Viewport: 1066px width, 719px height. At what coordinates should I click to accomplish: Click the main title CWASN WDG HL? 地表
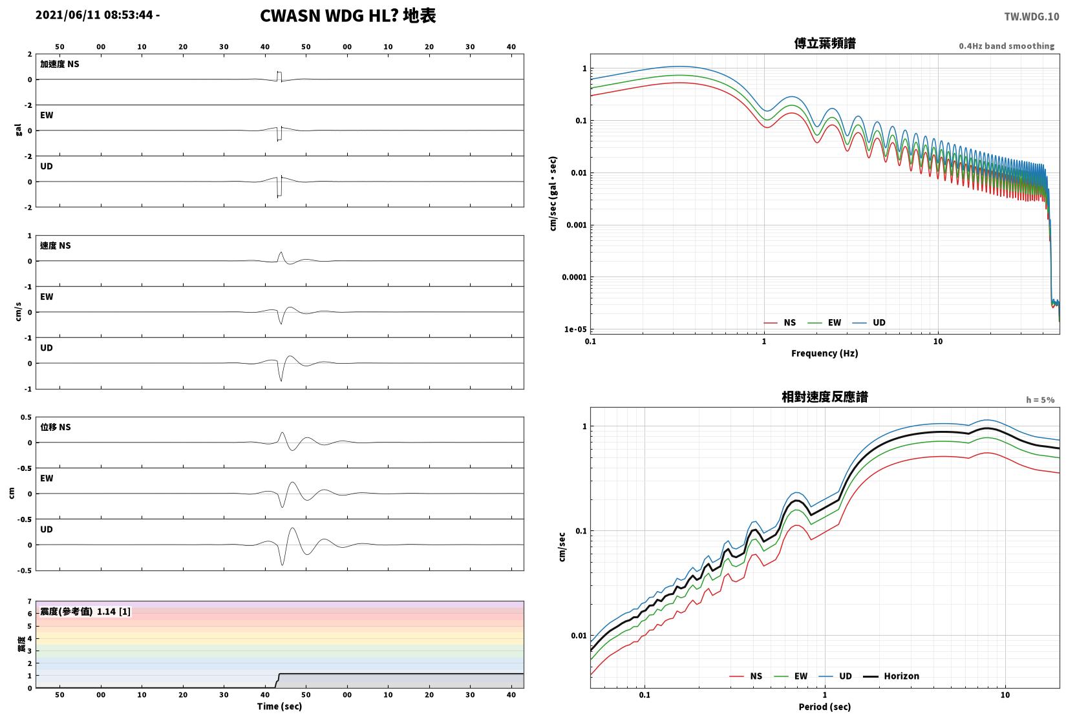pos(348,16)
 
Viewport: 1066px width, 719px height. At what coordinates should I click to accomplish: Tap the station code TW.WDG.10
pos(1031,17)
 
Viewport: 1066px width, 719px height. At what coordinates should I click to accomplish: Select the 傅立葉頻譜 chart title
pos(825,43)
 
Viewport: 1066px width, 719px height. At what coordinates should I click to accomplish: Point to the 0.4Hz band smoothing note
pos(1007,46)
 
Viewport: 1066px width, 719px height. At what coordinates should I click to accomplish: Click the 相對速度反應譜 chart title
pos(825,397)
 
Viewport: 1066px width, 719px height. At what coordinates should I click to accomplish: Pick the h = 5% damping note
pos(1040,400)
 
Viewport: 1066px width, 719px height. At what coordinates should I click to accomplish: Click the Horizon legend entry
pos(891,676)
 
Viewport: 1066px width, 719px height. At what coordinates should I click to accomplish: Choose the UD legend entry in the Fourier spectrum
pos(869,322)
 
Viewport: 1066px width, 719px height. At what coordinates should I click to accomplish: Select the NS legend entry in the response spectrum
pos(746,676)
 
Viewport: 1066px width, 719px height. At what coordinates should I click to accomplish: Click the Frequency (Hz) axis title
pos(825,353)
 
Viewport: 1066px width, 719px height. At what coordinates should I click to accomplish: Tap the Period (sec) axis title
pos(825,707)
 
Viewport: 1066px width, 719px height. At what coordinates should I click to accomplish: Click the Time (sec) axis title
pos(279,706)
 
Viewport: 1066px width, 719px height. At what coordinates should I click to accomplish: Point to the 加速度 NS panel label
pos(59,64)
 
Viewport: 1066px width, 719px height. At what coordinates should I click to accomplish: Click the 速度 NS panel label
pos(55,245)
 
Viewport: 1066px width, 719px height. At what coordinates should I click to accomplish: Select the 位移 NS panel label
pos(55,427)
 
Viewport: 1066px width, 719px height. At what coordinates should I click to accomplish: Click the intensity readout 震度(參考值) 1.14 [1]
pos(85,612)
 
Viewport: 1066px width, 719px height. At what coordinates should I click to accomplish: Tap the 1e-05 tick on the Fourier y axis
pos(575,329)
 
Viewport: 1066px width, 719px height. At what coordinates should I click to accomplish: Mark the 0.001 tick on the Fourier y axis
pos(576,225)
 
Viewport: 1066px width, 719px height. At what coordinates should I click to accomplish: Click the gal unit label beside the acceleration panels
pos(19,130)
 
